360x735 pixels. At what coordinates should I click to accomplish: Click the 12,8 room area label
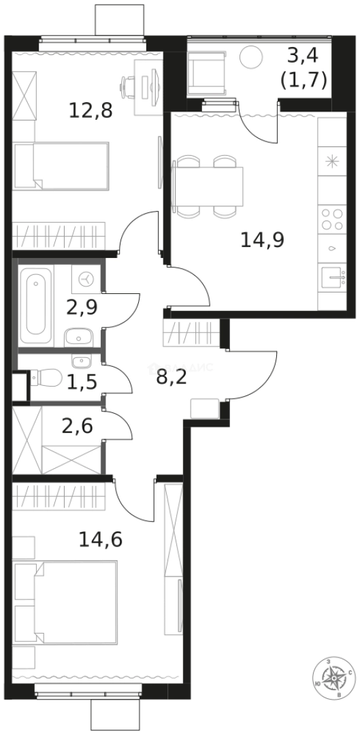91,110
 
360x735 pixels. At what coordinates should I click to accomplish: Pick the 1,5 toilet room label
82,381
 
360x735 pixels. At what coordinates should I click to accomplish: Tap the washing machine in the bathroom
86,278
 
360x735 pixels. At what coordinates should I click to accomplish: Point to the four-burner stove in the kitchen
332,220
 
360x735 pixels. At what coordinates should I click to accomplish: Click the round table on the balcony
252,56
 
